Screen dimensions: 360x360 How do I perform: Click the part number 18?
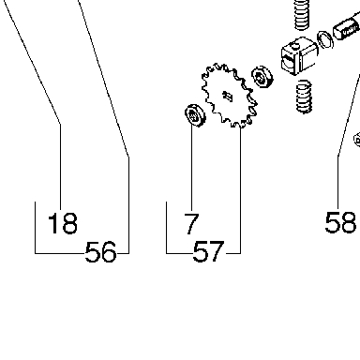click(x=63, y=223)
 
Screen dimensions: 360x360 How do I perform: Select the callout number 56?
click(x=100, y=252)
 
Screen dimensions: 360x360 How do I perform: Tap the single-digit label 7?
click(x=191, y=223)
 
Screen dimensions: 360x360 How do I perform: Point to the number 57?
click(x=208, y=251)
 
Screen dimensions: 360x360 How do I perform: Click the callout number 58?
click(x=340, y=222)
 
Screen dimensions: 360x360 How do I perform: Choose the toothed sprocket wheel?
click(x=230, y=96)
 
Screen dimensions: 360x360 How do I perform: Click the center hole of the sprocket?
click(x=228, y=96)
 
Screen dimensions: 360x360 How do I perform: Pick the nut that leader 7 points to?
click(x=195, y=115)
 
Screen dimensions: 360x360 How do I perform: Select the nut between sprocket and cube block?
click(x=262, y=77)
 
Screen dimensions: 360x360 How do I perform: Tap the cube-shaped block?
click(x=298, y=56)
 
